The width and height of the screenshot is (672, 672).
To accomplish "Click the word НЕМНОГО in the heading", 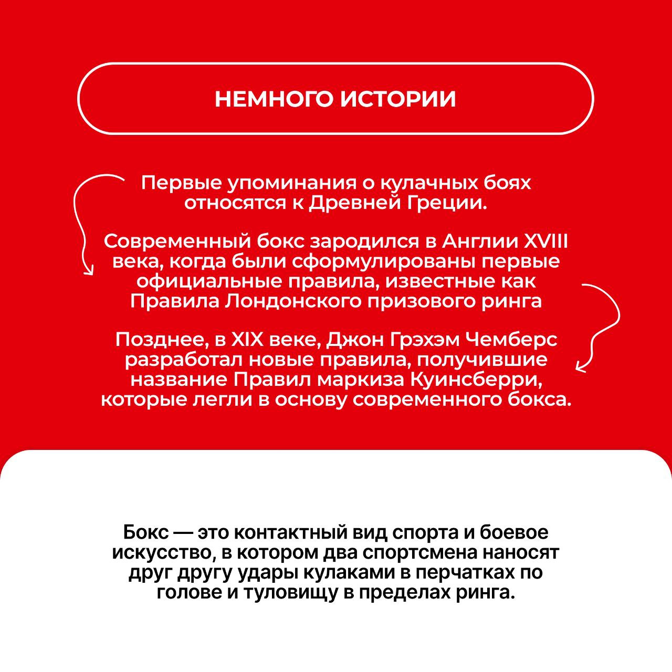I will [274, 99].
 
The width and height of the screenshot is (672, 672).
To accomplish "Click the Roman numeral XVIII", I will [546, 241].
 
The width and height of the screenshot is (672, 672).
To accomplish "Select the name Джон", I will [355, 340].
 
